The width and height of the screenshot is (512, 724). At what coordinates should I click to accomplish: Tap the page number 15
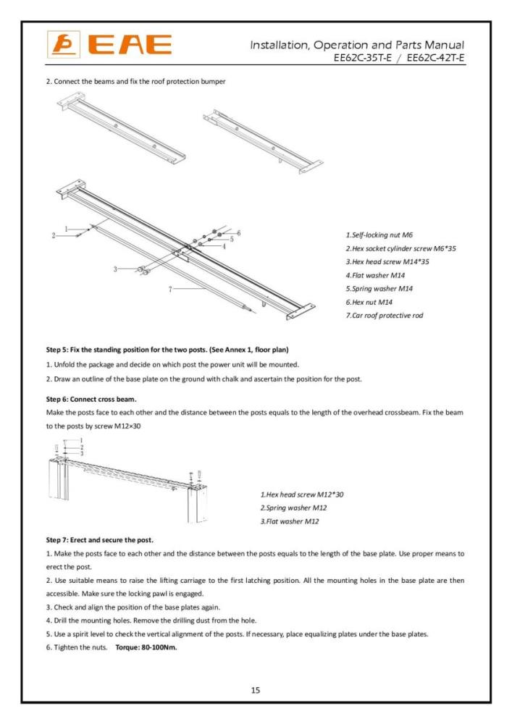256,690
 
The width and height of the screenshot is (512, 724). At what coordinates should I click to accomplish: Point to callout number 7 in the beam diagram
170,289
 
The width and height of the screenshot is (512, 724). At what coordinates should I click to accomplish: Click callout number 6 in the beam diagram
238,232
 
